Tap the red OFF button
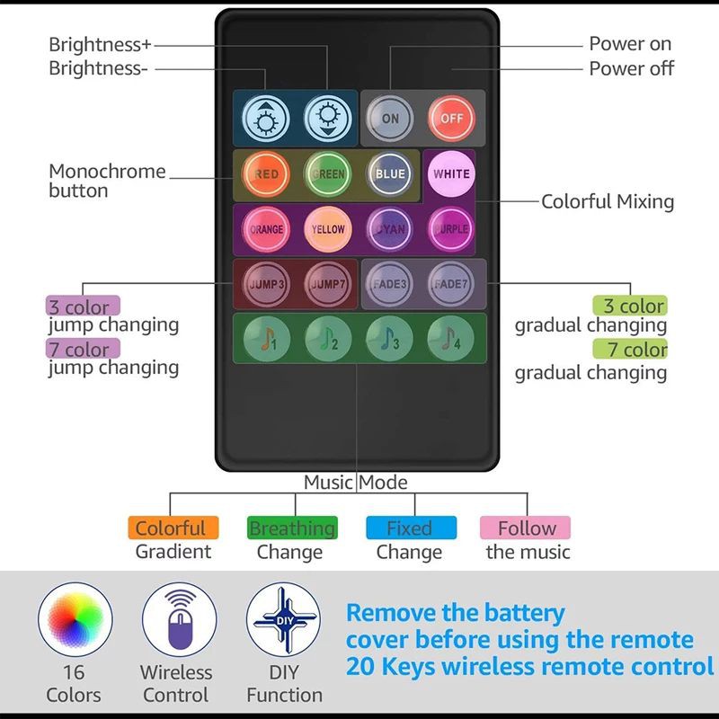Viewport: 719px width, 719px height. click(451, 118)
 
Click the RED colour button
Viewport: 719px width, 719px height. click(266, 174)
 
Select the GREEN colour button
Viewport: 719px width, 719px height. click(328, 174)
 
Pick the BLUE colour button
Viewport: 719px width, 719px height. click(390, 174)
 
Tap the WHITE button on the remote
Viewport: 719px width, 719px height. click(451, 174)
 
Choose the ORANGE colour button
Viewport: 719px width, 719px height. click(266, 229)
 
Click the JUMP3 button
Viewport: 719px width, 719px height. click(266, 284)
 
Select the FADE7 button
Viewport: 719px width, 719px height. click(451, 284)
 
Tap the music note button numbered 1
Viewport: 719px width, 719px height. click(266, 339)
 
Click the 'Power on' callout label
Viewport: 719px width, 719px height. click(630, 43)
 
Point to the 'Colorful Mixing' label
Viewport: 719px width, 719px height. click(608, 201)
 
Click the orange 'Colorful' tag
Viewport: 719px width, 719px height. click(171, 528)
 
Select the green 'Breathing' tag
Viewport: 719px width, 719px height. click(291, 528)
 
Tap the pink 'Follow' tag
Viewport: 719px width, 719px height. click(527, 528)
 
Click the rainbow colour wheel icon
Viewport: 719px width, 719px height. click(75, 619)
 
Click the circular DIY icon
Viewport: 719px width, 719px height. click(284, 619)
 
